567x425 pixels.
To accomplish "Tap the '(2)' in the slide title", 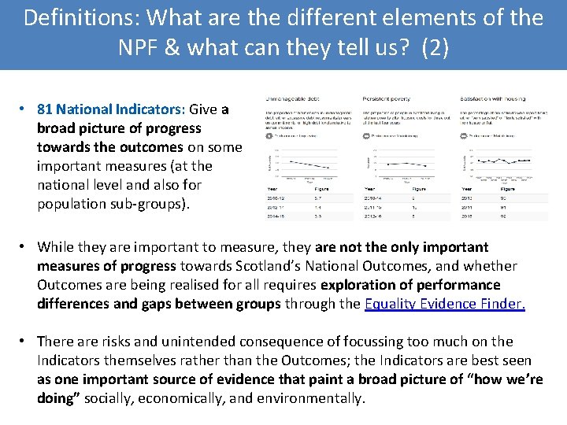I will tap(435, 47).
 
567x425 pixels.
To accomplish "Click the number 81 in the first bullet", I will tap(45, 109).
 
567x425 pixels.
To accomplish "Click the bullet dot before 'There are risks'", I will tap(25, 342).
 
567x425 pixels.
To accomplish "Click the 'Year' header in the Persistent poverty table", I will tap(369, 189).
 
